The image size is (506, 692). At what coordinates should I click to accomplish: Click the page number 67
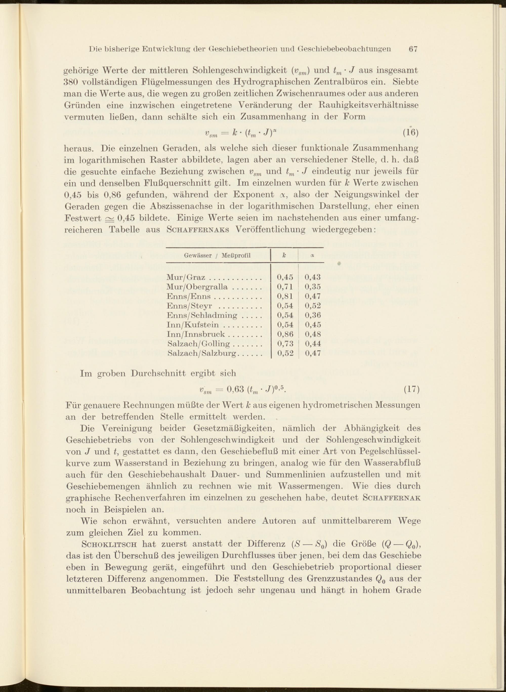pyautogui.click(x=413, y=49)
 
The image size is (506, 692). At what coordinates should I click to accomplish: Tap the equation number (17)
pyautogui.click(x=411, y=389)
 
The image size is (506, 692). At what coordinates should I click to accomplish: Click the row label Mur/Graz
pyautogui.click(x=186, y=277)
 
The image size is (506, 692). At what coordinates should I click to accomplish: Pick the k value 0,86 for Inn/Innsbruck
pyautogui.click(x=285, y=334)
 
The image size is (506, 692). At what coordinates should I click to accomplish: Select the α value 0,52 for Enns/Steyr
pyautogui.click(x=313, y=306)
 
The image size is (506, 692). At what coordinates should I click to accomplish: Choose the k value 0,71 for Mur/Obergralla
pyautogui.click(x=285, y=287)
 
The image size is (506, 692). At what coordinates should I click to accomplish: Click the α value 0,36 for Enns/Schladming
pyautogui.click(x=313, y=315)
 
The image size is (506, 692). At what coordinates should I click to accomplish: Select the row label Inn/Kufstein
pyautogui.click(x=193, y=325)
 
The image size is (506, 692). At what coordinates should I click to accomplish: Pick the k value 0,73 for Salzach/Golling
pyautogui.click(x=285, y=344)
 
